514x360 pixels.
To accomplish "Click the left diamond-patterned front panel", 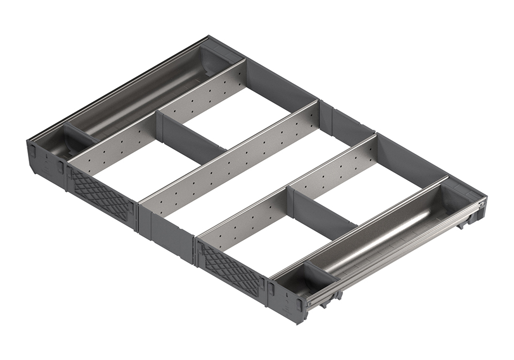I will click(x=102, y=193).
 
